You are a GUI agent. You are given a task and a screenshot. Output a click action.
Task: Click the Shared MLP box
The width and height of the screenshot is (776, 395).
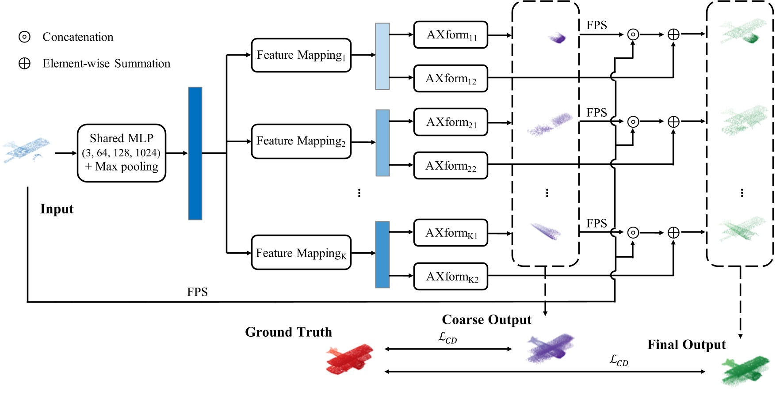pos(122,153)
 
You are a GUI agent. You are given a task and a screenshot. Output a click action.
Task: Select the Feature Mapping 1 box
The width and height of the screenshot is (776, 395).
pos(301,55)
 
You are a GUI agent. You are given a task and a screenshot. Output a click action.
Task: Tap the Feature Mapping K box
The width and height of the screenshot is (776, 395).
pos(301,253)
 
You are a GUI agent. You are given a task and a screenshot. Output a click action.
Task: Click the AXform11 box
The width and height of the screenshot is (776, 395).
pos(451,34)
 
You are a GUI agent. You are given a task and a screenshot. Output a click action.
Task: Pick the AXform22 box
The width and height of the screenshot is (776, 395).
pos(451,166)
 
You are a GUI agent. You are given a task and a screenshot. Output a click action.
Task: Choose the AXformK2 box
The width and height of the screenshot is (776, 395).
pos(451,277)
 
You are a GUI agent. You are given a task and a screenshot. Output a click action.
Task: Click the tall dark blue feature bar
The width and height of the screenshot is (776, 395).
pos(195,153)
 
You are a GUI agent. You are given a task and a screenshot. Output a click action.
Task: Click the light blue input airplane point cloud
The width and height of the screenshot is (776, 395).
pos(26,149)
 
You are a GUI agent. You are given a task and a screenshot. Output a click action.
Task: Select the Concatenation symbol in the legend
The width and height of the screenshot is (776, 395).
pos(24,37)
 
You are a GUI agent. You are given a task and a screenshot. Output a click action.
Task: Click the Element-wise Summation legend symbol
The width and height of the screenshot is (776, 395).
pos(24,63)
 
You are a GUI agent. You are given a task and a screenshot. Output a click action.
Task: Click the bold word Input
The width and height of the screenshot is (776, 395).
pos(57,209)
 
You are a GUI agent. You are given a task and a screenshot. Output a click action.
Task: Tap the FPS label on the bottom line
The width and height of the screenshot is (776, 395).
pos(197,292)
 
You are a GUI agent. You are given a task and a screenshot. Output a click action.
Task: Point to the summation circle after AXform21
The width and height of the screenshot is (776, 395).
pos(673,122)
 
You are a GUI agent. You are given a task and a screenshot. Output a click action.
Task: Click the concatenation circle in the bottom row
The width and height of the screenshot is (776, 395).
pos(633,232)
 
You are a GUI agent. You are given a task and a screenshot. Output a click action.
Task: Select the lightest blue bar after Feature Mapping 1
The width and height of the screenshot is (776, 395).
pos(382,56)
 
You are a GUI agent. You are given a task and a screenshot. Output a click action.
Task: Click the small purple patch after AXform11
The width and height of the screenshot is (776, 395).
pos(558,38)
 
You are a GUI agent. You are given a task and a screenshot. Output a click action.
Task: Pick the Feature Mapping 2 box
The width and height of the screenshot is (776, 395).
pos(301,141)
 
